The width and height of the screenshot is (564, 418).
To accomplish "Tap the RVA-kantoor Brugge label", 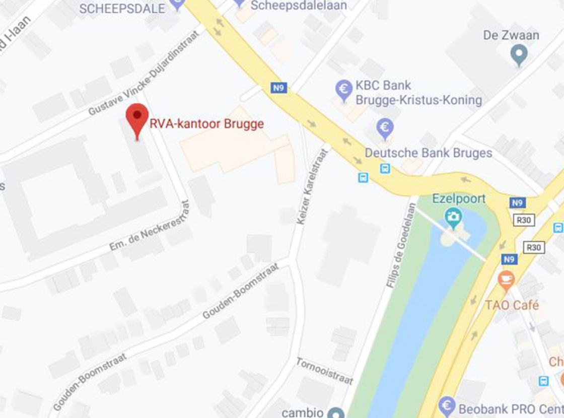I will pos(206,124).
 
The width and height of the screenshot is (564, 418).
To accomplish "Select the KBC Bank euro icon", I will pos(344,91).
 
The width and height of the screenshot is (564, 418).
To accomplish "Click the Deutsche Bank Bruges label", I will pos(428,153).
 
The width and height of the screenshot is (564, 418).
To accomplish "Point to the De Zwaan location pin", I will pos(519,53).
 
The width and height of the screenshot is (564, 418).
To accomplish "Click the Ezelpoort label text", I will pos(459,198).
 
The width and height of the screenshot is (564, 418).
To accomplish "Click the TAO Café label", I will pos(512,305).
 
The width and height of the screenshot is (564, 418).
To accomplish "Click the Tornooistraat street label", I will pos(324,371).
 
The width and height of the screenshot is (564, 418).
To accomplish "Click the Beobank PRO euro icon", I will pos(447,405).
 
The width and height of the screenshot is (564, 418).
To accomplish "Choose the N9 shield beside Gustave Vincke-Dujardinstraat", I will pos(278,88).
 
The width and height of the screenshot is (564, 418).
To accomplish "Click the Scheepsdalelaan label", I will pos(299,6).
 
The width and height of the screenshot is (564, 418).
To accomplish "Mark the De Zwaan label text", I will pos(511,35).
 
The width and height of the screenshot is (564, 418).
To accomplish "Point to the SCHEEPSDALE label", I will pos(122,9).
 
